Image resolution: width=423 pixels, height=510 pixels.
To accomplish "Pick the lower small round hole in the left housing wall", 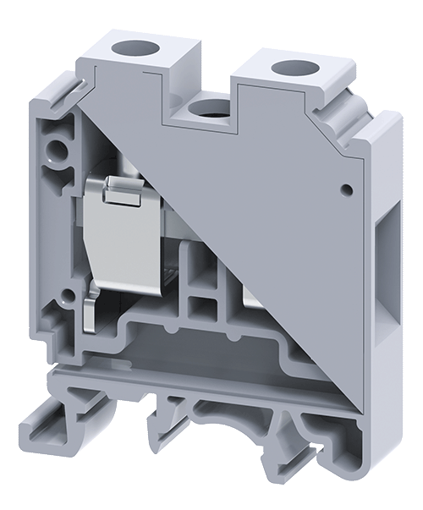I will (66, 295).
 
